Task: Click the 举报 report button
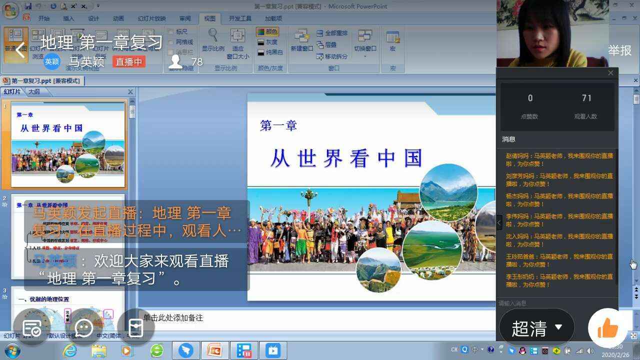pos(619,50)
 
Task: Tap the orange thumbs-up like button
pos(607,328)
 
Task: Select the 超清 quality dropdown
pos(536,328)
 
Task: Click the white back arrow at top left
pos(20,50)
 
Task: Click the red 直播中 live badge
pos(129,61)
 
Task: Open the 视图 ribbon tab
pos(209,18)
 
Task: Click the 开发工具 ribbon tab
pos(240,18)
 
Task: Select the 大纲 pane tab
pos(34,91)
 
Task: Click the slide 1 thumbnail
pos(68,143)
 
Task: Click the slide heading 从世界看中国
pos(346,158)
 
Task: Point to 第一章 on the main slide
pos(278,125)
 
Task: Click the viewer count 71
pos(586,98)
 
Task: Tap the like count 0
pos(530,98)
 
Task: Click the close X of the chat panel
pos(610,73)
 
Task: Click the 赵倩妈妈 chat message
pos(559,159)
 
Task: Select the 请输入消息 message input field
pos(550,303)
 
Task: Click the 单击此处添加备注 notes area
pos(173,317)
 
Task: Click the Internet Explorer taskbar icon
pos(70,350)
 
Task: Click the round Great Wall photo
pos(378,270)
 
